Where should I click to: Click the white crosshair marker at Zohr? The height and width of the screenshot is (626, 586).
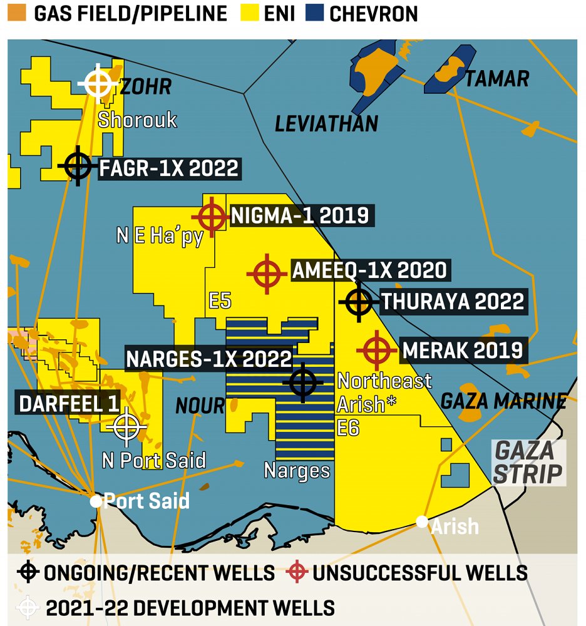(x=98, y=82)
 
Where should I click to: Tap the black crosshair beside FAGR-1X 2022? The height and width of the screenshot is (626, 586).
(x=78, y=166)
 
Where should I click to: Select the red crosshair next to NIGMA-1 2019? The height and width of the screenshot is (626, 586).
(x=212, y=217)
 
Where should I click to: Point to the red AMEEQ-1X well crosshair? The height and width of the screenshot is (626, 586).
(x=268, y=274)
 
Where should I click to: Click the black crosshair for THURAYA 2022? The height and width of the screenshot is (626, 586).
(x=359, y=302)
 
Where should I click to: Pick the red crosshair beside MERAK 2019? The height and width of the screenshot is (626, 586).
(x=377, y=351)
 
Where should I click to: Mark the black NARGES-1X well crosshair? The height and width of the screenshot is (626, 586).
(x=303, y=381)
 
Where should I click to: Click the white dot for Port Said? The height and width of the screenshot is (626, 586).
(x=96, y=501)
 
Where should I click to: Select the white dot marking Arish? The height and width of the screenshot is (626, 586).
(x=423, y=521)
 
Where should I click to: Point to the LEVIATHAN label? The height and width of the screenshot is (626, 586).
(x=326, y=123)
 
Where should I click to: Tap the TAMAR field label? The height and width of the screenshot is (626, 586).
(x=497, y=78)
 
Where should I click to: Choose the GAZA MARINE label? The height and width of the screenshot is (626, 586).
(x=504, y=401)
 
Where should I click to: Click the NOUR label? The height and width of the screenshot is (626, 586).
(x=200, y=406)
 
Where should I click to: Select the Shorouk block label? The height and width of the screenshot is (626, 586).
(x=137, y=120)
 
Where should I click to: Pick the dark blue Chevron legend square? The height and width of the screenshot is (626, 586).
(x=316, y=13)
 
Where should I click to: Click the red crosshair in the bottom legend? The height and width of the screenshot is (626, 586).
(x=297, y=572)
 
